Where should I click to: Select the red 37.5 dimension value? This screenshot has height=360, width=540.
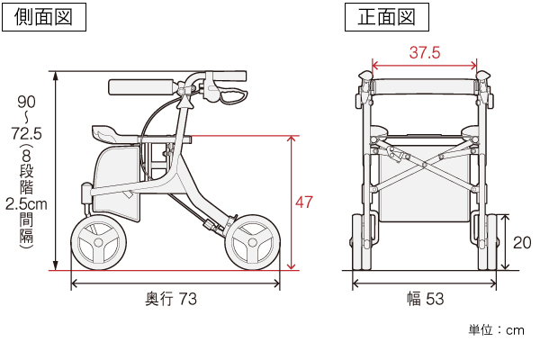424,52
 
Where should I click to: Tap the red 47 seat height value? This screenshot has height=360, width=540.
304,202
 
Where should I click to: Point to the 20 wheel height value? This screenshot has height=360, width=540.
521,242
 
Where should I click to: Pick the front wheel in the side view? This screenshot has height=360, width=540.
252,243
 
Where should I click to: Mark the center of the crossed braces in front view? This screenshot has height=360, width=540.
424,165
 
